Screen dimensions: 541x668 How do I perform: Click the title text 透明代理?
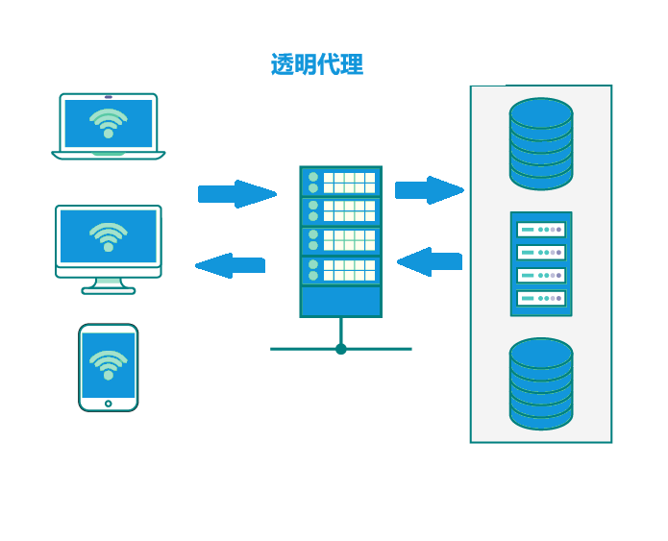[x=316, y=65]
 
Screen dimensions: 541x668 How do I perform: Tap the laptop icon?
[x=109, y=126]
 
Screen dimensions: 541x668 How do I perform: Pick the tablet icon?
[x=109, y=367]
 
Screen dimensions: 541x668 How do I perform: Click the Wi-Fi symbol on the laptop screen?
[x=109, y=122]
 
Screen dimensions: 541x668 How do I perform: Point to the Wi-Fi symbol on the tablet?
[x=109, y=364]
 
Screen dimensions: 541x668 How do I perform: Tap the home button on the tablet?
[x=109, y=404]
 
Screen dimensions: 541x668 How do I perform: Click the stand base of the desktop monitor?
[x=109, y=289]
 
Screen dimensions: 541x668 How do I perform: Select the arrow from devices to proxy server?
[x=236, y=194]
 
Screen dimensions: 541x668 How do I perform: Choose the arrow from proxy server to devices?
[x=231, y=265]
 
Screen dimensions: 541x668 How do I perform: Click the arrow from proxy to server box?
[x=429, y=190]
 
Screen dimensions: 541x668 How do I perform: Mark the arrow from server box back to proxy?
[x=430, y=261]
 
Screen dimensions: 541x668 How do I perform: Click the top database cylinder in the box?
[x=541, y=143]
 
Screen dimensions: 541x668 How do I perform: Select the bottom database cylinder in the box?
[x=541, y=383]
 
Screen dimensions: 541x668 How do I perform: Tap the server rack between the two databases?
[x=541, y=264]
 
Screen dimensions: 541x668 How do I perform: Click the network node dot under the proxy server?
[x=341, y=349]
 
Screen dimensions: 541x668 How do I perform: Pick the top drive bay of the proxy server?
[x=341, y=183]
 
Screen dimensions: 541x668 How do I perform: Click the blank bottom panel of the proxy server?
[x=341, y=301]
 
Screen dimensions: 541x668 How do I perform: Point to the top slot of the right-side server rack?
[x=541, y=230]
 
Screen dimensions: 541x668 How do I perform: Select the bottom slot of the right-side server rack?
[x=541, y=298]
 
